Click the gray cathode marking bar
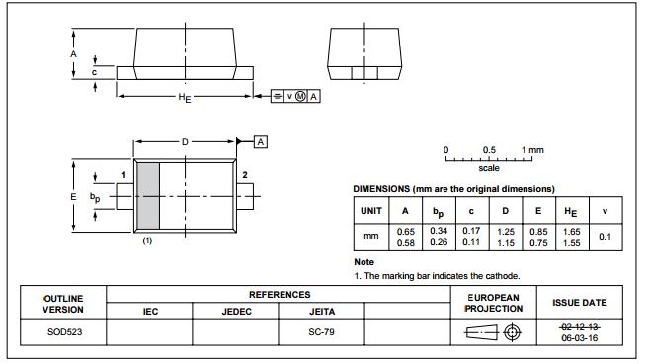148,197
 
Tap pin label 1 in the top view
123,175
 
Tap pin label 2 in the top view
244,175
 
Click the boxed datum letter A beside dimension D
261,142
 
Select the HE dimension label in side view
184,97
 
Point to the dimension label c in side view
94,71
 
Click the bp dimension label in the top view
95,197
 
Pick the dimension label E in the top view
73,197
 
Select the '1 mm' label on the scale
532,150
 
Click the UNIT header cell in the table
371,210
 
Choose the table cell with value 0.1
605,237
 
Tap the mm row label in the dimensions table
371,237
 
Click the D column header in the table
505,210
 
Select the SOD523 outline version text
62,331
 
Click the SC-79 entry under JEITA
322,331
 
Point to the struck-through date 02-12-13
579,325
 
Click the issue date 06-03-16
579,337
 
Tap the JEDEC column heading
235,311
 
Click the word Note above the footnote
364,262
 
